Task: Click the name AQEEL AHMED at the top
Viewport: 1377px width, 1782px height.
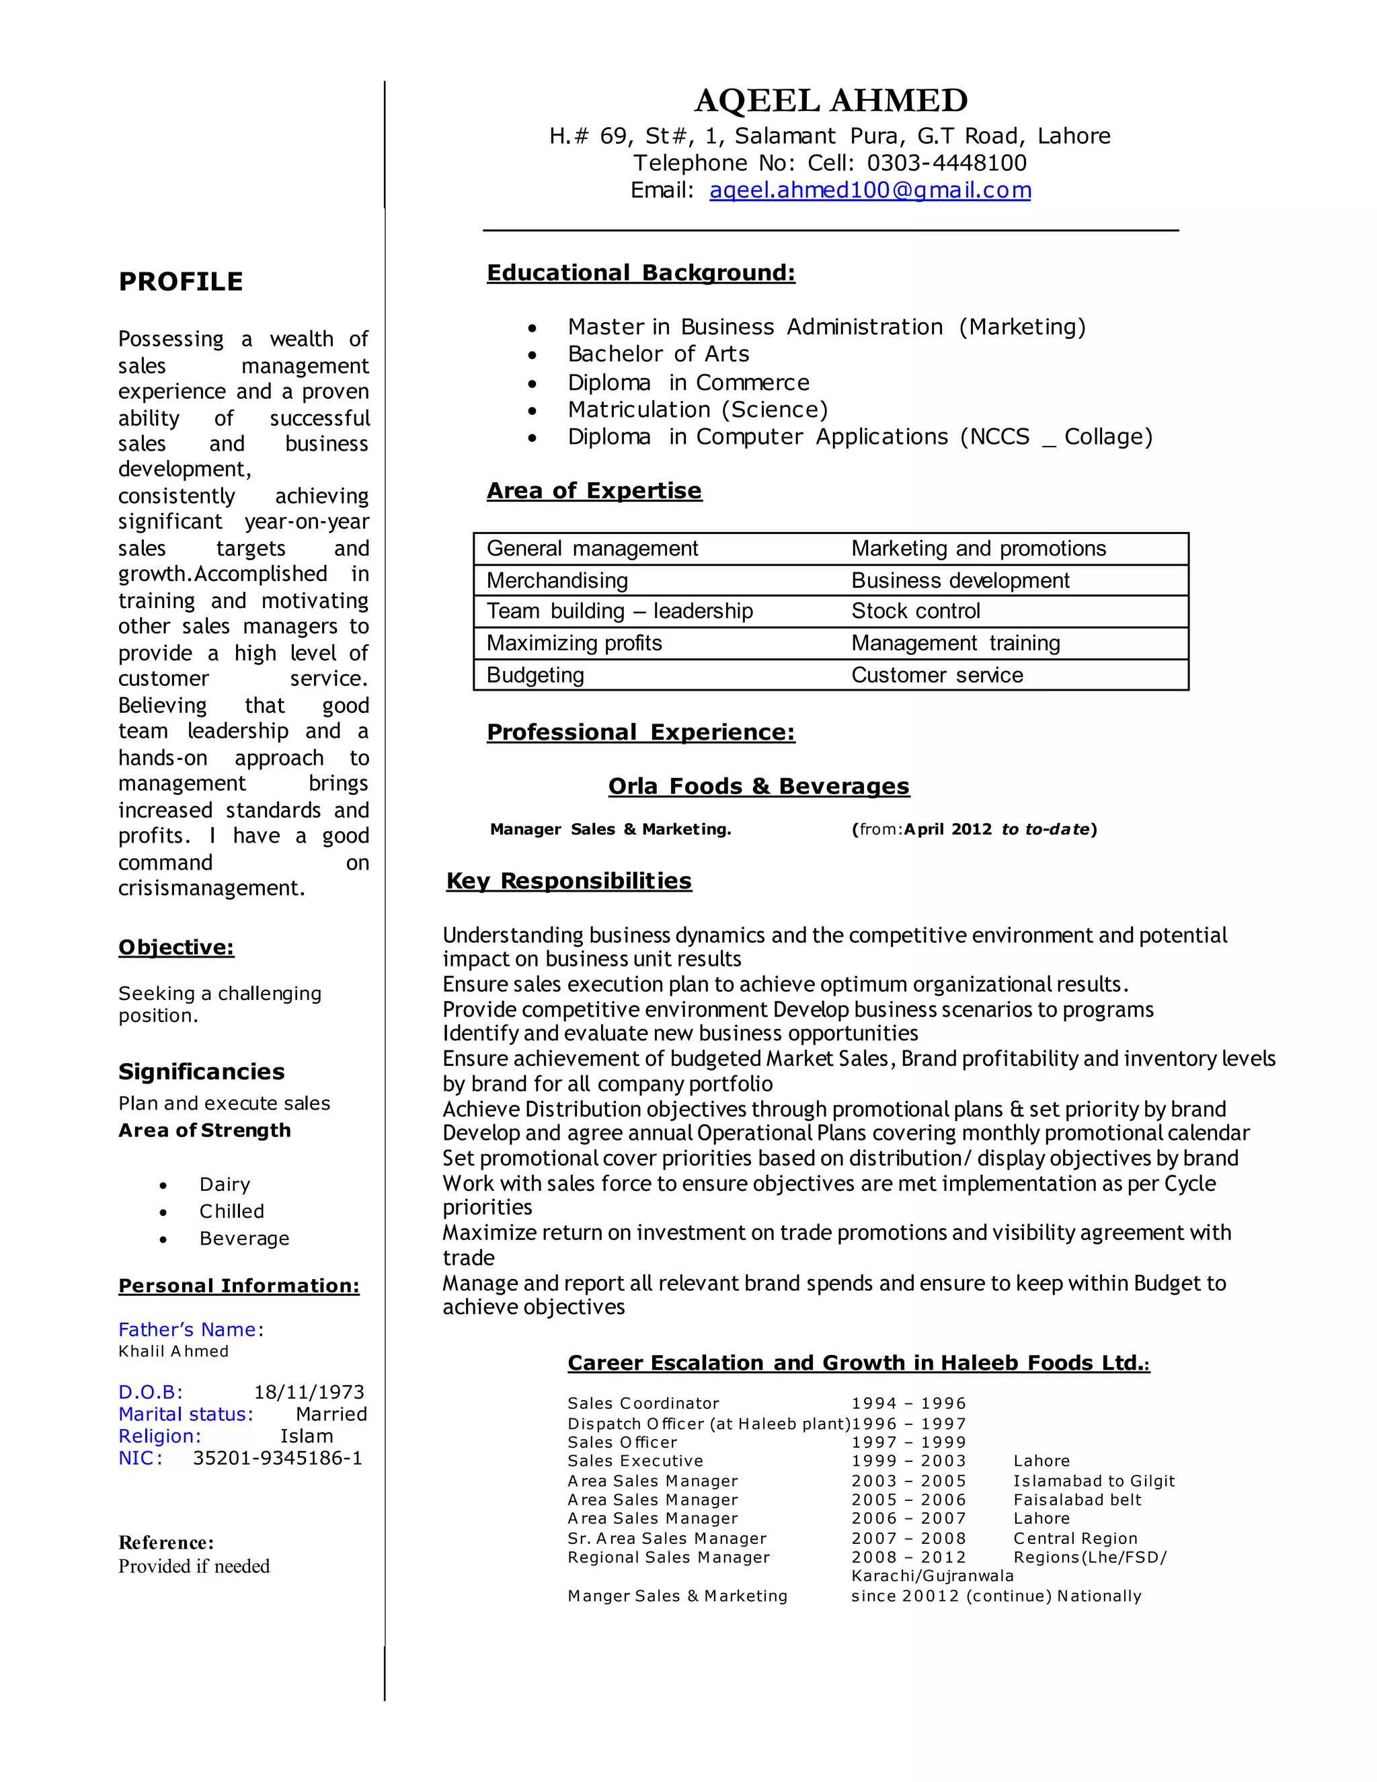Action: point(830,100)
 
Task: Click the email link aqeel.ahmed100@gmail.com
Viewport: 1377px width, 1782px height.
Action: point(869,190)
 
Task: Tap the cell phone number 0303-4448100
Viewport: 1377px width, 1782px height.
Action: point(946,163)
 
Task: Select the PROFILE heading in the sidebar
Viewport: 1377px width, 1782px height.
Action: point(180,282)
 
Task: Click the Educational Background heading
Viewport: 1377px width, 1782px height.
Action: point(640,272)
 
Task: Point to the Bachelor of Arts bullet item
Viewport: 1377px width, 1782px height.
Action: point(658,354)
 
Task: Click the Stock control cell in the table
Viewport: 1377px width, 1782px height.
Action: point(915,611)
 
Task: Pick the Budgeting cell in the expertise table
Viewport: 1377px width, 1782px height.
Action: point(535,674)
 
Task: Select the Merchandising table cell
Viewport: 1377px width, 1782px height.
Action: point(557,580)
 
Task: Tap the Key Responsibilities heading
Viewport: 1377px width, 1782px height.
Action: point(569,880)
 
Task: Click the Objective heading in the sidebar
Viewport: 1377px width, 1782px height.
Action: point(176,947)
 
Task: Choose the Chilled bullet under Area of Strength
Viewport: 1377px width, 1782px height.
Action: point(232,1211)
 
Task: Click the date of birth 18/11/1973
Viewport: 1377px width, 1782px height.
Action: point(309,1392)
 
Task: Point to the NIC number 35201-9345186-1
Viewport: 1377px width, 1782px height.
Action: point(278,1458)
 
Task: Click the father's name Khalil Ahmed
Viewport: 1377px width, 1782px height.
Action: point(173,1351)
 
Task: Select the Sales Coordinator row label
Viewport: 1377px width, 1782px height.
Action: point(643,1403)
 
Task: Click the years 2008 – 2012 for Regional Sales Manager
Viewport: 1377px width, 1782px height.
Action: point(908,1557)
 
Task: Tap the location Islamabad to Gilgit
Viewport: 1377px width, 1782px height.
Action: point(1093,1481)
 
